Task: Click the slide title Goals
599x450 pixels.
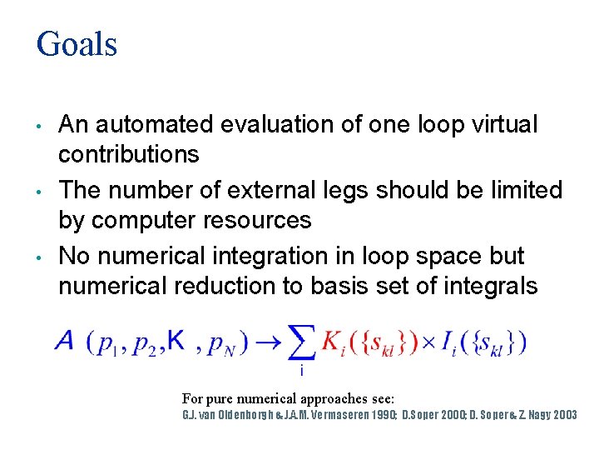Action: tap(77, 43)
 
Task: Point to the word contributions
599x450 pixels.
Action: tap(128, 154)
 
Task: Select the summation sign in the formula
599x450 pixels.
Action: tap(302, 342)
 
